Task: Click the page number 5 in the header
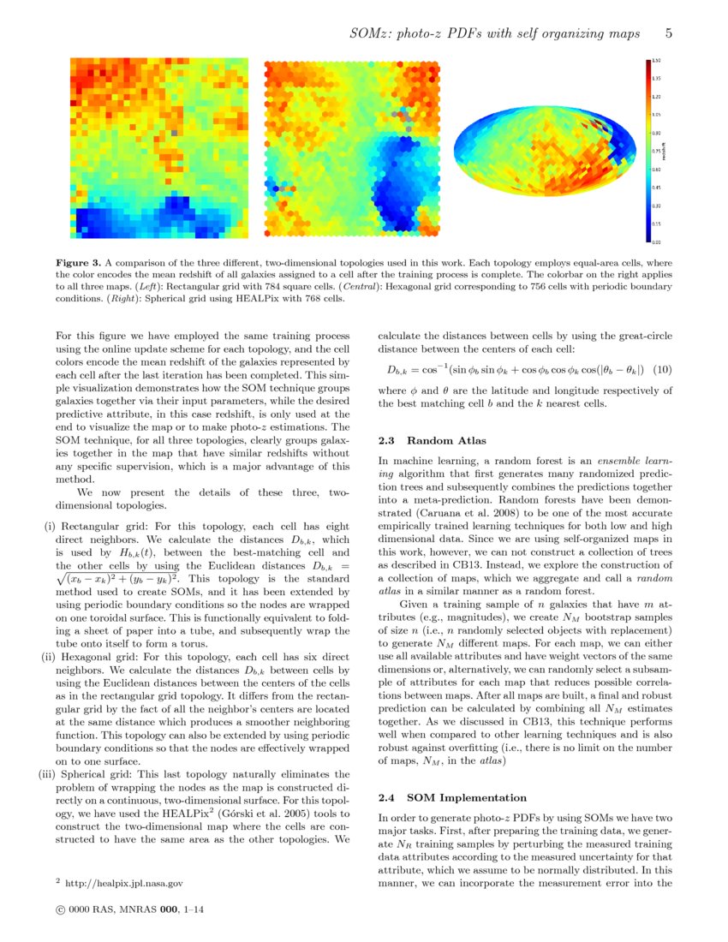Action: (668, 33)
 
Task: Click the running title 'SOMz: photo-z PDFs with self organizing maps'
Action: (494, 33)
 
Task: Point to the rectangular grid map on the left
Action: (158, 148)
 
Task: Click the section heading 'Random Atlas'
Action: (437, 440)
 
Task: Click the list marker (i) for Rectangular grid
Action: (50, 525)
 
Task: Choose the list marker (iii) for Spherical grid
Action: (46, 774)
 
